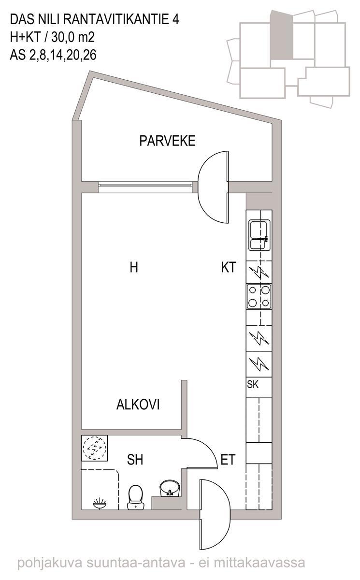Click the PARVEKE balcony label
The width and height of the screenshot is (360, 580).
pyautogui.click(x=167, y=141)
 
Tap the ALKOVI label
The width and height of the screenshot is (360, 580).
pyautogui.click(x=138, y=405)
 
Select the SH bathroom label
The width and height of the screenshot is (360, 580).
pyautogui.click(x=135, y=460)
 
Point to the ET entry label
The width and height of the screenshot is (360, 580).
pyautogui.click(x=228, y=460)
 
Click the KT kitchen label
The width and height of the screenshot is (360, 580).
pyautogui.click(x=229, y=267)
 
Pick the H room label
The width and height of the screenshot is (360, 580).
pyautogui.click(x=134, y=267)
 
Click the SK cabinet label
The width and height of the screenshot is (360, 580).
pyautogui.click(x=253, y=384)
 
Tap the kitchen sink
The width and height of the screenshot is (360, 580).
pyautogui.click(x=259, y=235)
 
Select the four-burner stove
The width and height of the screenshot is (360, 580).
pyautogui.click(x=259, y=296)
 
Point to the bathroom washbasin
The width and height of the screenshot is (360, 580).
pyautogui.click(x=170, y=489)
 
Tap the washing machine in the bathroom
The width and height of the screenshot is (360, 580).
pyautogui.click(x=94, y=448)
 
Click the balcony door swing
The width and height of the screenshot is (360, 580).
pyautogui.click(x=213, y=187)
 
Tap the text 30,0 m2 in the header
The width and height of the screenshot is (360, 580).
pyautogui.click(x=73, y=38)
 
